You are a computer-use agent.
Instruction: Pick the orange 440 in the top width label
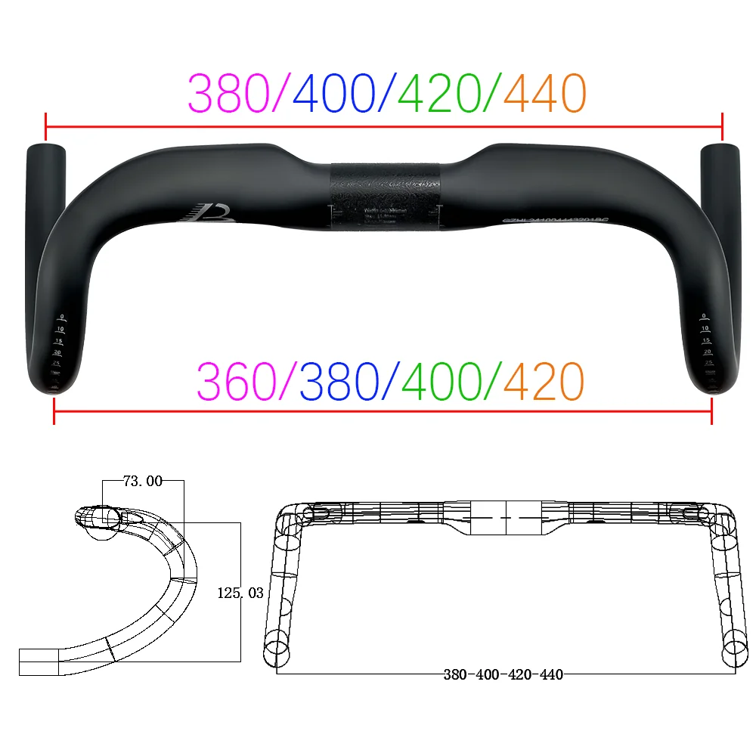point(544,94)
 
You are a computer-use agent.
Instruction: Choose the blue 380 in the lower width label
point(339,382)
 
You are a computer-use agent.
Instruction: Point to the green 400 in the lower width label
point(441,382)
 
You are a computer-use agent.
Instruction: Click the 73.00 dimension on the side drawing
point(143,481)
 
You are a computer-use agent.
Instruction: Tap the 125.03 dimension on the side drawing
point(240,593)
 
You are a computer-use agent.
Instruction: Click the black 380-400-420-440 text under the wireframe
point(503,674)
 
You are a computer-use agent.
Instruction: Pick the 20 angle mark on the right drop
point(708,352)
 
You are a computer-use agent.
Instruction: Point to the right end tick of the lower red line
point(711,411)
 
